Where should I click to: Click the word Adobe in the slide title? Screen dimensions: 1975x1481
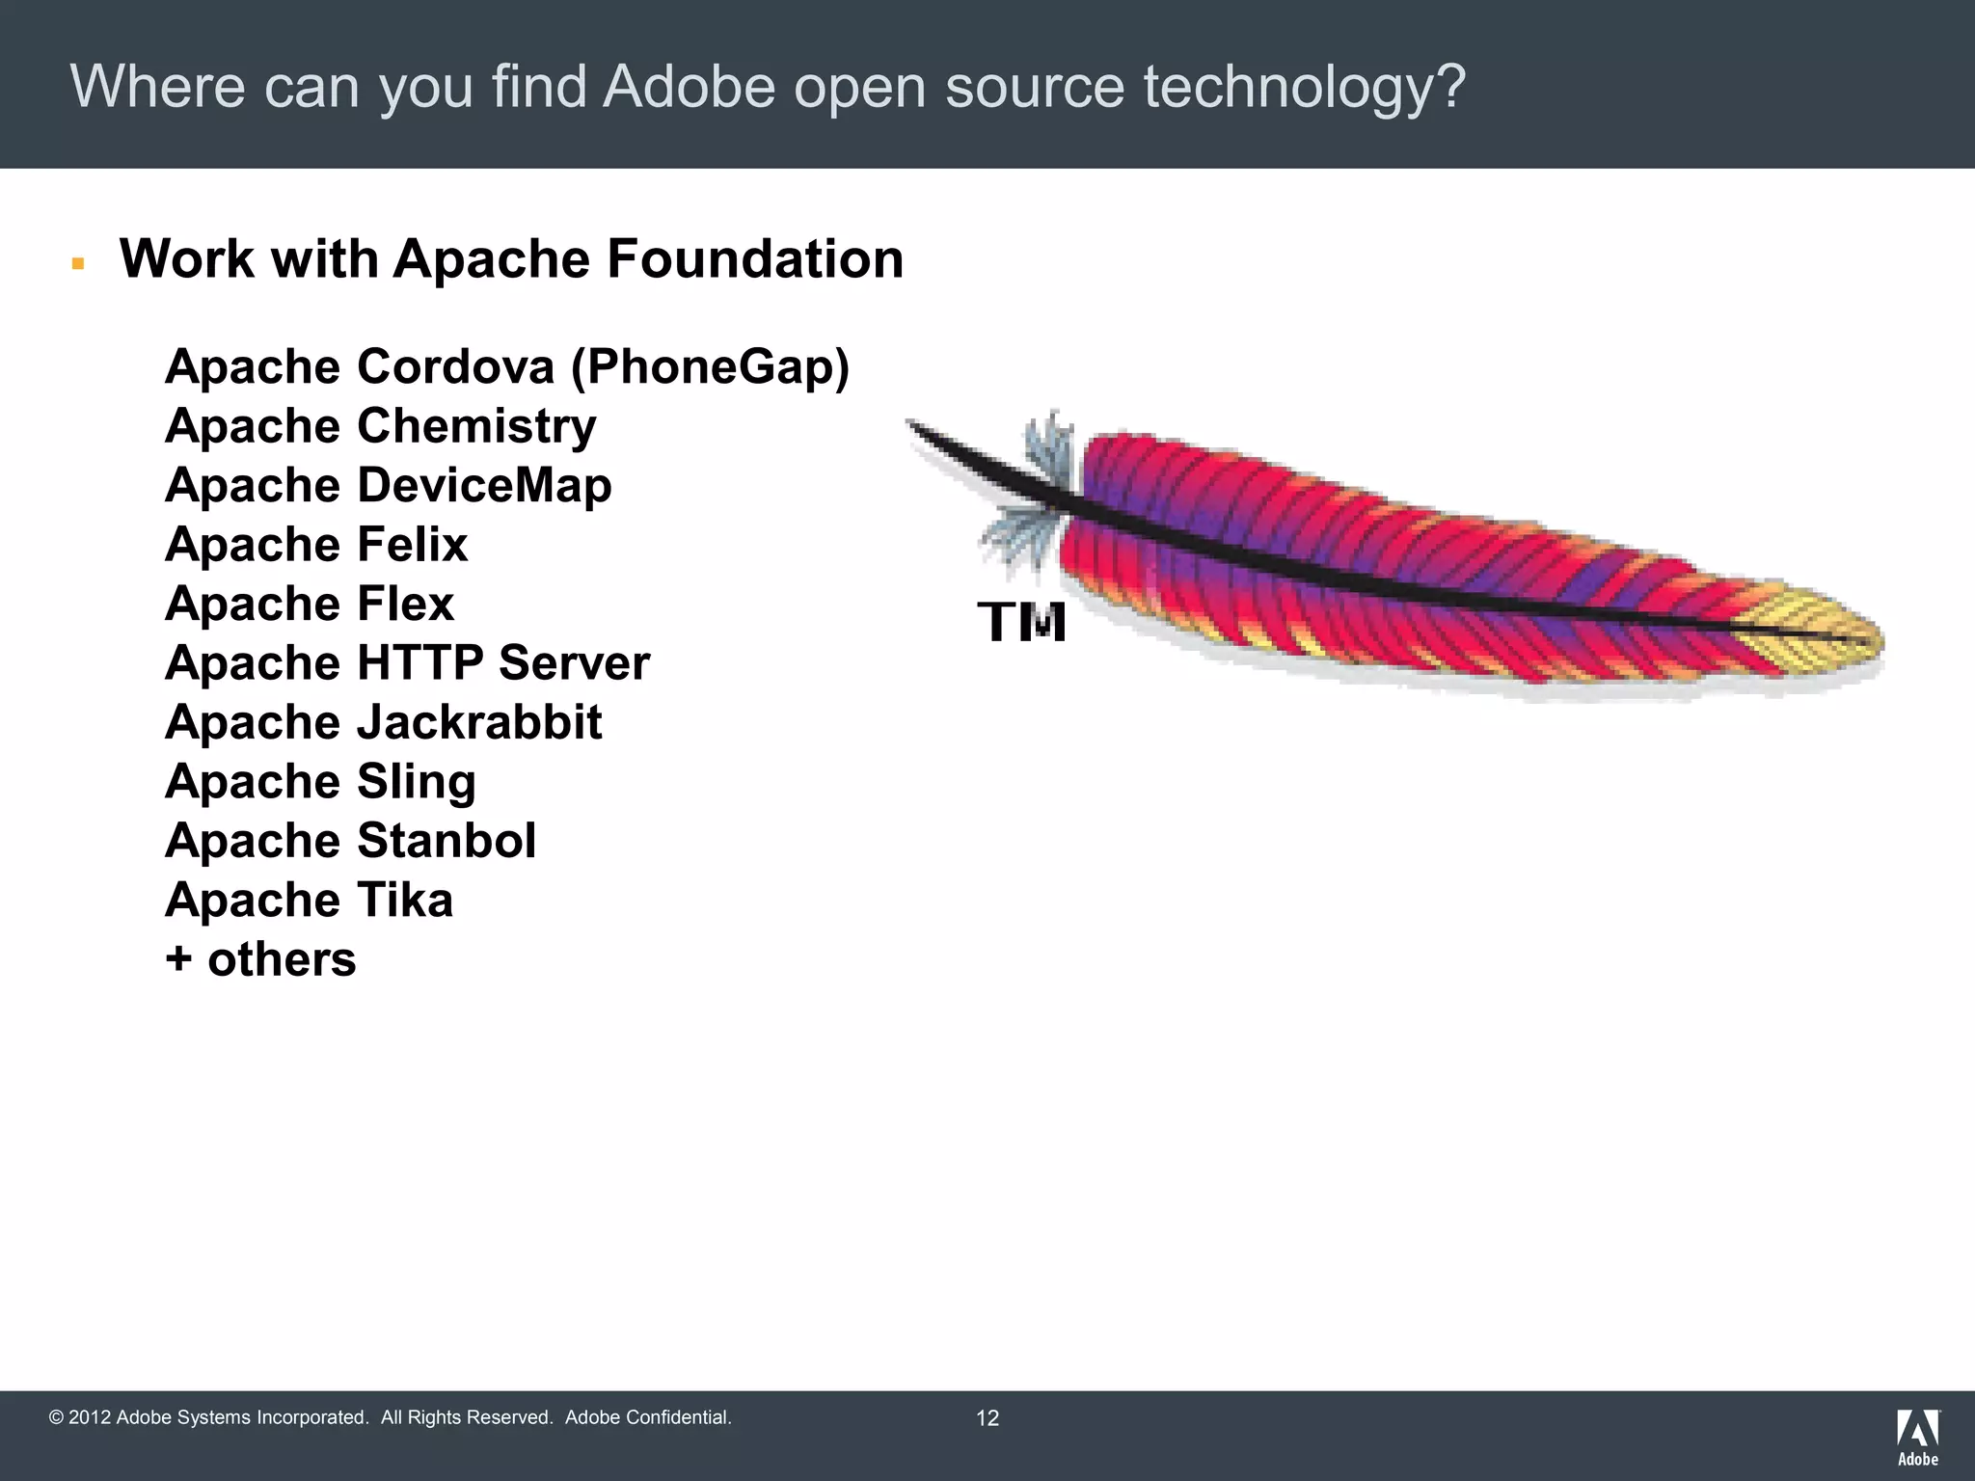[x=689, y=87]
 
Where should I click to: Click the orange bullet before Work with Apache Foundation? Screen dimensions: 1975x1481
[x=78, y=263]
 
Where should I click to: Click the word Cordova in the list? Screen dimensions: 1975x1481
[x=456, y=367]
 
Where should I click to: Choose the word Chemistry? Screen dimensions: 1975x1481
[x=476, y=427]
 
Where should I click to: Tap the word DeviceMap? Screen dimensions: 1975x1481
[x=484, y=486]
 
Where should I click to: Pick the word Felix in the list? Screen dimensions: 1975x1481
[x=413, y=545]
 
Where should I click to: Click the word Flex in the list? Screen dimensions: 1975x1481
[x=405, y=605]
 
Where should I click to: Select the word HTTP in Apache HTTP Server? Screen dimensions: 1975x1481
[x=419, y=663]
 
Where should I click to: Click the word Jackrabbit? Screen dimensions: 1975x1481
[x=479, y=723]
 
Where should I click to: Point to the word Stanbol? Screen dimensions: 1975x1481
[x=446, y=841]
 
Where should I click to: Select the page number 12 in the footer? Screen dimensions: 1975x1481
[x=987, y=1417]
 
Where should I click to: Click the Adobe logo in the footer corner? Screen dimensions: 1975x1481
[x=1918, y=1437]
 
